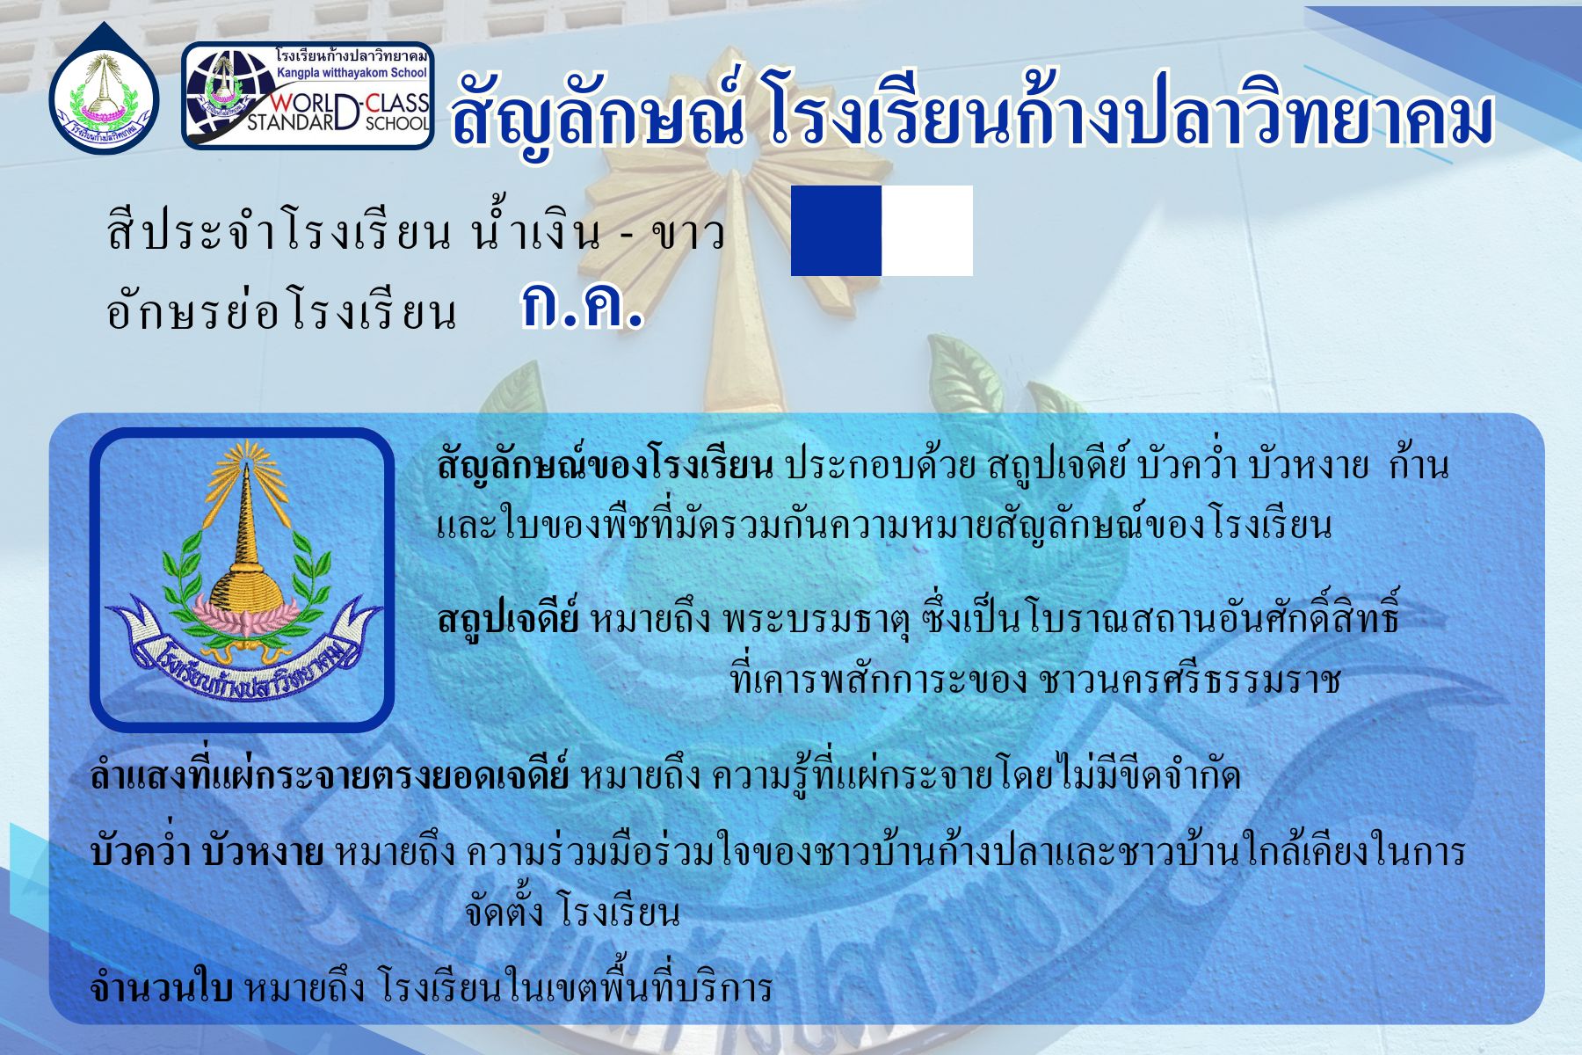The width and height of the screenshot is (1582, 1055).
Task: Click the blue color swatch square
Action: [x=836, y=230]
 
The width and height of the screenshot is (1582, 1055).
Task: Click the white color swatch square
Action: [x=927, y=230]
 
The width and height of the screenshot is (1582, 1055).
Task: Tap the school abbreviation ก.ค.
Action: [x=582, y=306]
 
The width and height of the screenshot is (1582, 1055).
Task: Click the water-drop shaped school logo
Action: [x=104, y=88]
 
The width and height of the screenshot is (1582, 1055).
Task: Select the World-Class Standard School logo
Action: [x=308, y=96]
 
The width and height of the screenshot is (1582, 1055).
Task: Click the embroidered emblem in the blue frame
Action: [x=242, y=580]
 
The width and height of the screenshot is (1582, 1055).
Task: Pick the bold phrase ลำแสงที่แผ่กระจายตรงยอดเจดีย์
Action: [x=330, y=775]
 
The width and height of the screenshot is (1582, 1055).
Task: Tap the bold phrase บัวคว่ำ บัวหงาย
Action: [x=207, y=851]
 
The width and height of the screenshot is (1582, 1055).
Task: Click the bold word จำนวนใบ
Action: [x=161, y=988]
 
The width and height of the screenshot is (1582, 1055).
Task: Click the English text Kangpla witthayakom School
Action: [x=352, y=73]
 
